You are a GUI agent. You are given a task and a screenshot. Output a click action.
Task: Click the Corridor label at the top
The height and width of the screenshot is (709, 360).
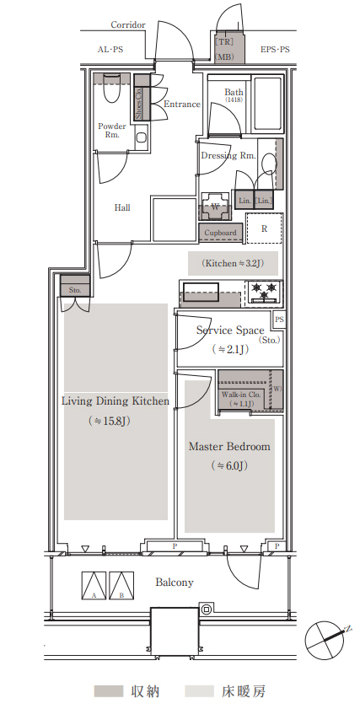[x=128, y=24]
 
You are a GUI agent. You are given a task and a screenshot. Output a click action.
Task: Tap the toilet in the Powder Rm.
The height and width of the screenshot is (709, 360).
[x=110, y=89]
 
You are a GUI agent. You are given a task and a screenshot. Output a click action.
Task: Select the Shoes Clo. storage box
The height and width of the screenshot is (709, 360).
[x=142, y=97]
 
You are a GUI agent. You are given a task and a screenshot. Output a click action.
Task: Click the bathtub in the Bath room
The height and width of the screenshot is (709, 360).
[x=268, y=104]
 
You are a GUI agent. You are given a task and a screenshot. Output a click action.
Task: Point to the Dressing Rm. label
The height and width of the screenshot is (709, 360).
[x=228, y=156]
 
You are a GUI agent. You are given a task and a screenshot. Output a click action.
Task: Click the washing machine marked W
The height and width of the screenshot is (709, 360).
[x=215, y=207]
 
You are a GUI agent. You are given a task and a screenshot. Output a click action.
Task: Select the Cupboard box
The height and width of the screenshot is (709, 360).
[x=220, y=233]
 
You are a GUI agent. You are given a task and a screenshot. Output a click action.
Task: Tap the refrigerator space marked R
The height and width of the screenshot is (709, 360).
[x=264, y=228]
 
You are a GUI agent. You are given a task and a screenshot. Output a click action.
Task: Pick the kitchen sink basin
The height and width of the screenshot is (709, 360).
[x=201, y=290]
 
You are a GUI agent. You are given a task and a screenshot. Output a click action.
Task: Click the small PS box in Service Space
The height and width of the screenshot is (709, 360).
[x=279, y=320]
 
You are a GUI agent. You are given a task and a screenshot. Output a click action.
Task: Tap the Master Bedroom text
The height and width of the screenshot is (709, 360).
[x=229, y=447]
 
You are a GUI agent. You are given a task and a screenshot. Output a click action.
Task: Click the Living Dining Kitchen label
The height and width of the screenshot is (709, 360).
[x=116, y=400]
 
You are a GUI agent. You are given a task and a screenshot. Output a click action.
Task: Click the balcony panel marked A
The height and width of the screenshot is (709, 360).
[x=94, y=586]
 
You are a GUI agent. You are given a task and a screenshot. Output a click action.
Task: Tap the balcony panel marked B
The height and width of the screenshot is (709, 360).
[x=121, y=586]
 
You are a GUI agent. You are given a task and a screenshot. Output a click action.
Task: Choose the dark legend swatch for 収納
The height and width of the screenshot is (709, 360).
[x=109, y=691]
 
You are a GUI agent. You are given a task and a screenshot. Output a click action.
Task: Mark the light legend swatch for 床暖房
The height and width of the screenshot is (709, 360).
[x=200, y=691]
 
